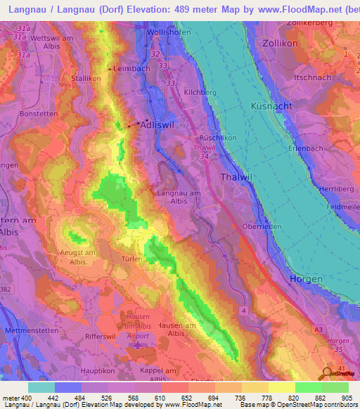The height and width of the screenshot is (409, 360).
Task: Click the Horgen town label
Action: click(x=306, y=279)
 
